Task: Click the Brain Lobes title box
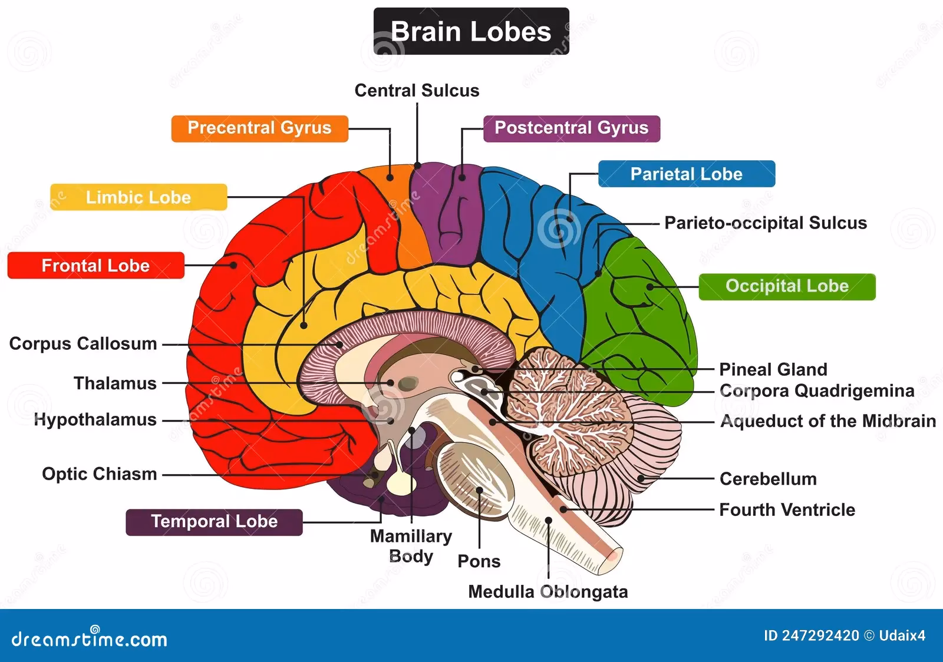tap(471, 31)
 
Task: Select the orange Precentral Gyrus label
tap(259, 128)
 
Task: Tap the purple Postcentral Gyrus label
tap(571, 128)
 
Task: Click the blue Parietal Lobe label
tap(686, 174)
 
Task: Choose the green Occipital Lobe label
tap(787, 286)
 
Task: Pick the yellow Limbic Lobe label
tap(139, 197)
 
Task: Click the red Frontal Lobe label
tap(95, 266)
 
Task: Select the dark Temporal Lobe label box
tap(214, 522)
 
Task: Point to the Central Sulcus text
tap(417, 91)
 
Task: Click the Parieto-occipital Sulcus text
tap(766, 223)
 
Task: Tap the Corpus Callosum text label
tap(83, 344)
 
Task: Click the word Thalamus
tap(115, 383)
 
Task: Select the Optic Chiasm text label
tap(99, 474)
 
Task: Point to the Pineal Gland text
tap(773, 370)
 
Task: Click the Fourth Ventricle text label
tap(787, 510)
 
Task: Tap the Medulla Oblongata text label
tap(548, 592)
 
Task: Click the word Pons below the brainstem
tap(479, 562)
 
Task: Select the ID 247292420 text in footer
tap(811, 636)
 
